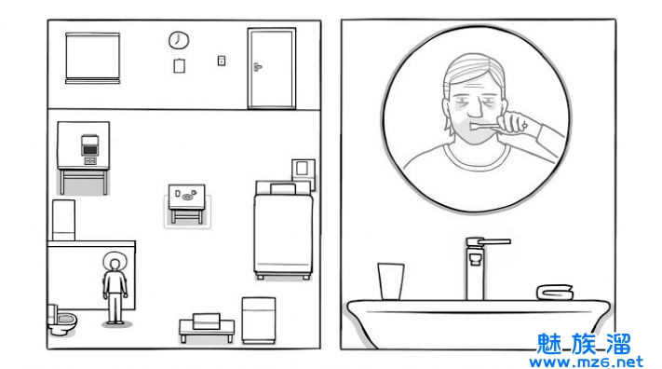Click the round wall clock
tap(179, 40)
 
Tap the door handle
tap(258, 66)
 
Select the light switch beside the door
tap(222, 61)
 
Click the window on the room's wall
tap(92, 58)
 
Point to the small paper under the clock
tap(179, 65)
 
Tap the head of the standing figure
tap(114, 265)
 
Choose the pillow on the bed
tap(283, 188)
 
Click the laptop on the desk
tap(89, 145)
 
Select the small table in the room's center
tap(186, 203)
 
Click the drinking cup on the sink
tap(390, 281)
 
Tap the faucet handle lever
tap(494, 241)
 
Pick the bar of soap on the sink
tap(555, 292)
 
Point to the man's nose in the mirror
tap(475, 109)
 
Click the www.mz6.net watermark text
tap(587, 362)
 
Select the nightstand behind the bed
tap(304, 173)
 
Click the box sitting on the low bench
tap(207, 321)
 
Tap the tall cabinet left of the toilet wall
tap(63, 220)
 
